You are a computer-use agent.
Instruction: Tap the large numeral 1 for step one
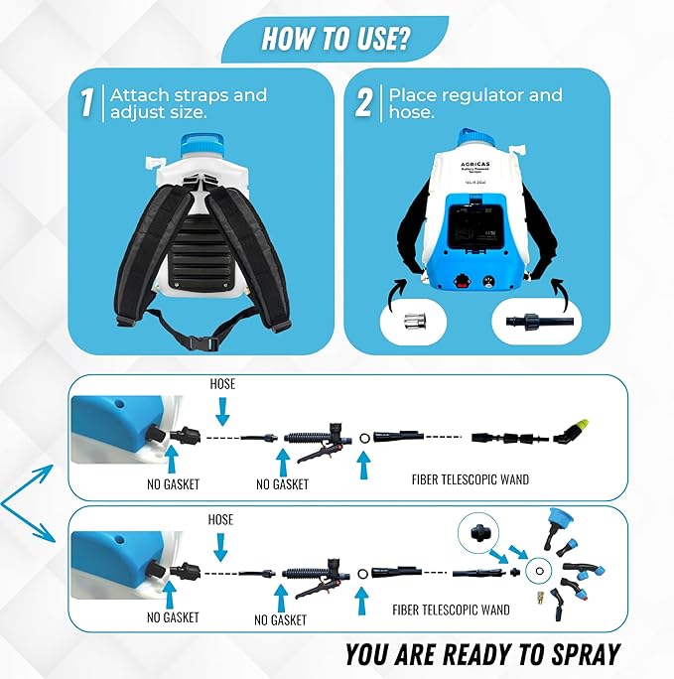(x=87, y=103)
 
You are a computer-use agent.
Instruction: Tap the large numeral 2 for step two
(x=364, y=103)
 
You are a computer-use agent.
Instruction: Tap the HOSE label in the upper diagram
(x=223, y=383)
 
